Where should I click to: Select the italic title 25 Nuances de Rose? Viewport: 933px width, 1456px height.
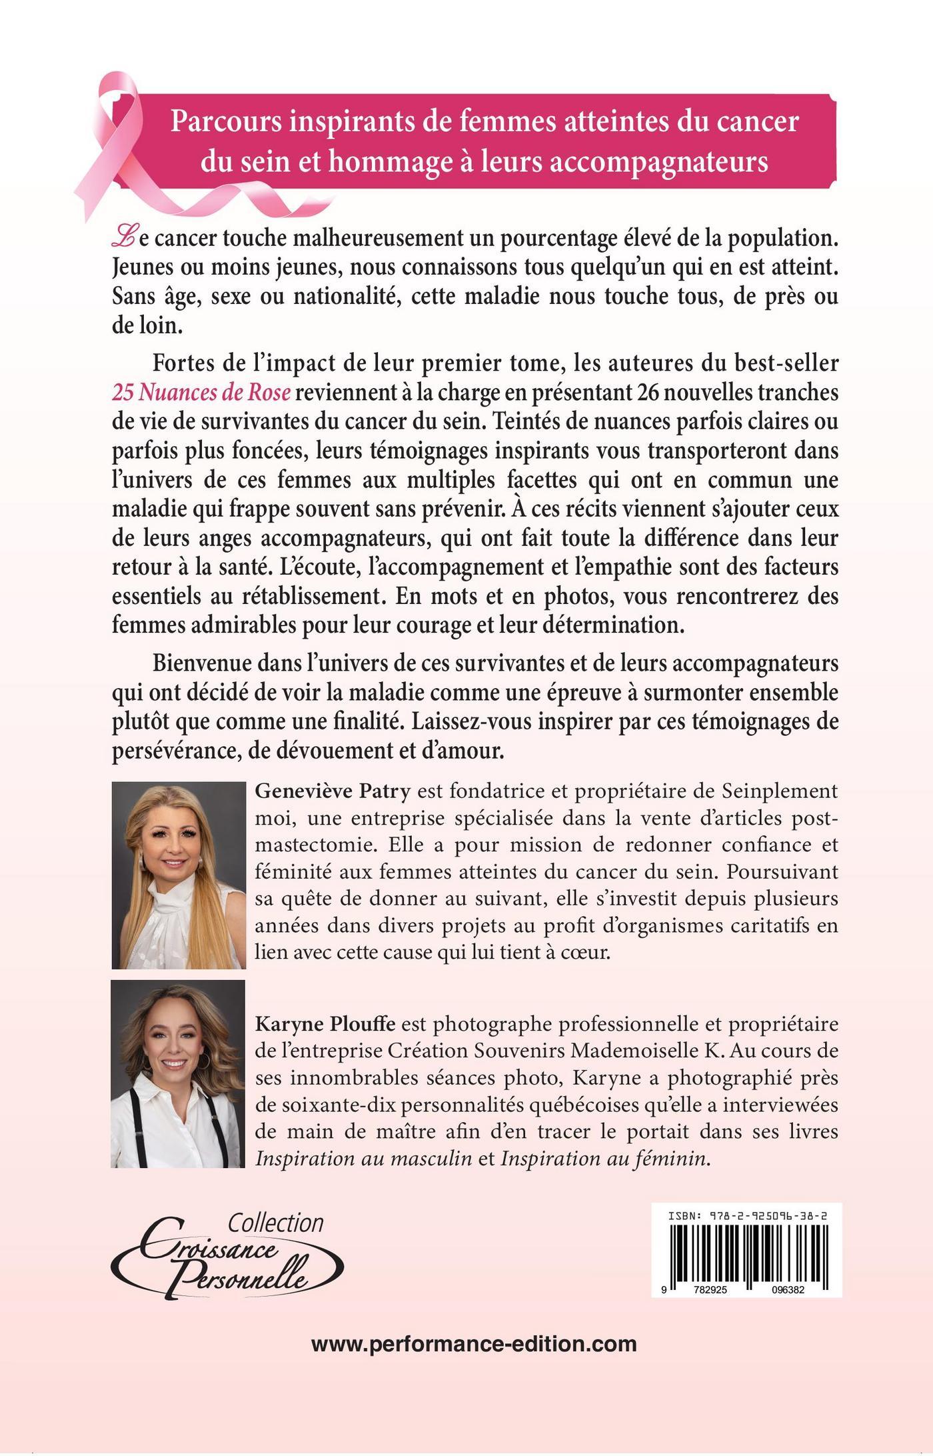tap(201, 393)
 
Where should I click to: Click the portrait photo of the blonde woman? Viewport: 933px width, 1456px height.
tap(179, 875)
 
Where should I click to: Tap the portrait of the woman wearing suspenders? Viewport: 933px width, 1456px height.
tap(178, 1073)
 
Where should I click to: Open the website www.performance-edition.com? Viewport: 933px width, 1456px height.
tap(474, 1343)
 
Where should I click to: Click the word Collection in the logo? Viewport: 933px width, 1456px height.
tap(275, 1223)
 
